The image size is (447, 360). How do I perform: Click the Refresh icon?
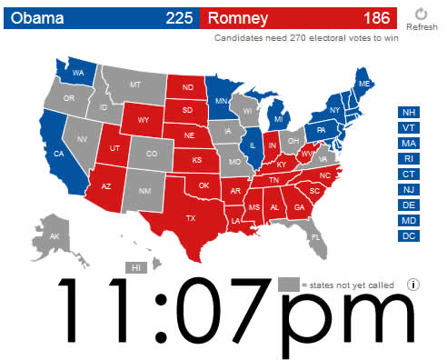point(421,14)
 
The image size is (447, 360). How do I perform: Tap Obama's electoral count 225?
point(179,17)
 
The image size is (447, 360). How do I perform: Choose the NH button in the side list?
point(408,113)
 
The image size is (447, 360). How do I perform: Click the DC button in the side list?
point(408,236)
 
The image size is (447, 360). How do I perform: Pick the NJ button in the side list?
point(408,190)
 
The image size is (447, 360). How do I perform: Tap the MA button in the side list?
point(408,144)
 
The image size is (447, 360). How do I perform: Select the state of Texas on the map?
point(191,218)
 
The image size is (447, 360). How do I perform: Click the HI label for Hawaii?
point(136,268)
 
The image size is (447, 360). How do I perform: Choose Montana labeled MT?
point(135,84)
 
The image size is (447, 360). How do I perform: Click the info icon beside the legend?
point(413,284)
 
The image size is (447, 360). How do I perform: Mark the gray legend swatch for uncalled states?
point(288,284)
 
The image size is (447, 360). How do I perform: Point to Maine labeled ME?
point(364,84)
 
